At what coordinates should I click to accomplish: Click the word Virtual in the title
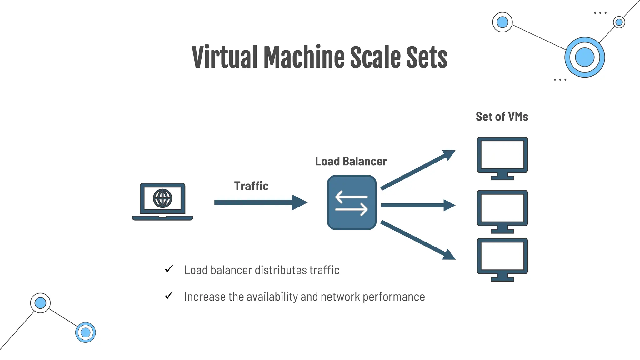(x=224, y=57)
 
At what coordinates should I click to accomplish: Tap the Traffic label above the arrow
(x=251, y=186)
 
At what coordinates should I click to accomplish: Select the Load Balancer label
(x=351, y=161)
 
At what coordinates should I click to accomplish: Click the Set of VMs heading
(x=502, y=117)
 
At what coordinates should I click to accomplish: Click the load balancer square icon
(x=352, y=202)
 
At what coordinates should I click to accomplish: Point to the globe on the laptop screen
(x=162, y=198)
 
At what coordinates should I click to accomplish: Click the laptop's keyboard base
(x=162, y=218)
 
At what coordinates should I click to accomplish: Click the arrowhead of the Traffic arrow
(x=299, y=202)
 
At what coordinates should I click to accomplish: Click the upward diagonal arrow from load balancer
(x=417, y=170)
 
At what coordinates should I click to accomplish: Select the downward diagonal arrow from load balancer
(x=417, y=240)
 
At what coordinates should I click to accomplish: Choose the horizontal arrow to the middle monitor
(x=417, y=205)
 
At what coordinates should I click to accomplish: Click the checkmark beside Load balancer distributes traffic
(x=169, y=269)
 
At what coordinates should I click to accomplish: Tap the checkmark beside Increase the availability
(x=169, y=295)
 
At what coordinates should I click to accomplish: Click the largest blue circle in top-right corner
(x=584, y=57)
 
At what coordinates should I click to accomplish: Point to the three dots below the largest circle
(x=560, y=80)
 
